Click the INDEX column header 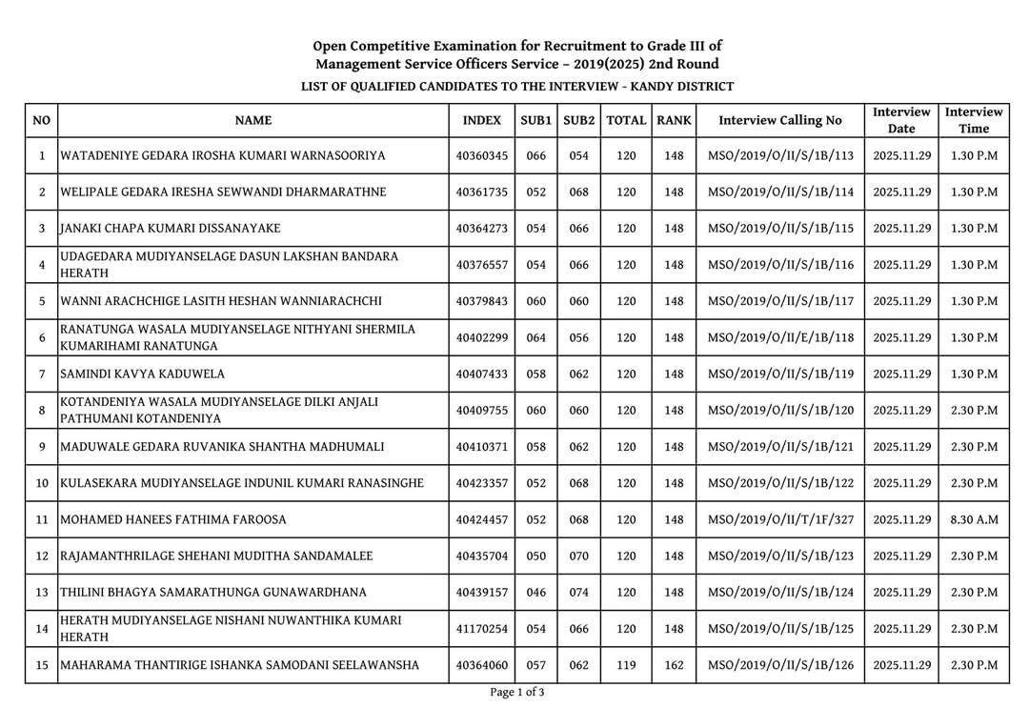coord(481,120)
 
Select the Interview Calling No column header coord(780,120)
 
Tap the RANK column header coord(674,120)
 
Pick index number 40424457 coord(481,519)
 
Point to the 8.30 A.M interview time coord(974,519)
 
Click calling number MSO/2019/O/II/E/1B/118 coord(780,337)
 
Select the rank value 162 coord(674,665)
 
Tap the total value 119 coord(626,665)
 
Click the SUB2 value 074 coord(578,592)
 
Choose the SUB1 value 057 coord(536,665)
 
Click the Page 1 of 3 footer coord(517,693)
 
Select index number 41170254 coord(481,628)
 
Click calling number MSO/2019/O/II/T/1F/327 coord(780,519)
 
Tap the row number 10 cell coord(41,483)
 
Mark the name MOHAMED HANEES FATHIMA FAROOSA coord(173,519)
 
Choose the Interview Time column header coord(974,120)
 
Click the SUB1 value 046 coord(536,592)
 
